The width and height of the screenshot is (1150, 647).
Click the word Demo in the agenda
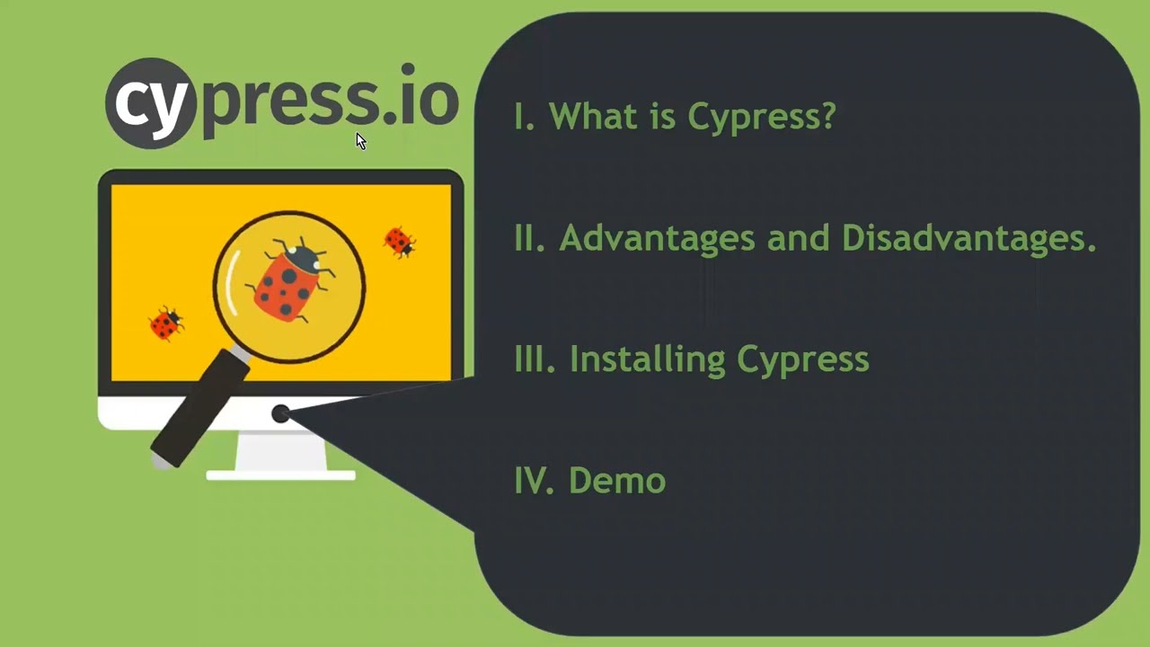coord(617,481)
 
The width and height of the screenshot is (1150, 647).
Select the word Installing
coord(647,359)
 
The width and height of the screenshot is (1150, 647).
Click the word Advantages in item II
coord(657,239)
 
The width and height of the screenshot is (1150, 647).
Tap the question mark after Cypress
coord(827,116)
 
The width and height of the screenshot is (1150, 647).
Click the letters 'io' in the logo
coord(429,99)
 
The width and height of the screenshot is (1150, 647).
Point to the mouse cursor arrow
coord(360,141)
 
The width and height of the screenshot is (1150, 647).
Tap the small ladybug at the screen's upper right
coord(398,242)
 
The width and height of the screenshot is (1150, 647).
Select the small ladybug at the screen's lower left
coord(165,323)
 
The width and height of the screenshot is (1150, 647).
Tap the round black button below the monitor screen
coord(280,413)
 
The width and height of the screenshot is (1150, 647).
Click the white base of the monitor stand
coord(280,474)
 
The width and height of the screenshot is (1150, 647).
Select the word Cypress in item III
coord(802,359)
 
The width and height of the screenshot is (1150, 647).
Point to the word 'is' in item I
coord(665,116)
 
